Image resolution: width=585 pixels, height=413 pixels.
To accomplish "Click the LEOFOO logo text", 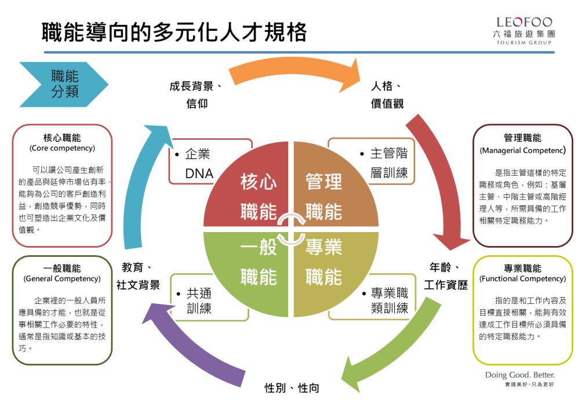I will (x=524, y=22).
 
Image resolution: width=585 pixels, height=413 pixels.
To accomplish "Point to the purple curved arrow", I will (x=191, y=354).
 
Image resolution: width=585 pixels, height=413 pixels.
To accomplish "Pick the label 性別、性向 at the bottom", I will (x=292, y=387).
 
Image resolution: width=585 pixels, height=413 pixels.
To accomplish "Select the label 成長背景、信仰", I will (x=197, y=95).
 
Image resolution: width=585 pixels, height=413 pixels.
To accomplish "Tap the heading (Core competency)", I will (x=62, y=148).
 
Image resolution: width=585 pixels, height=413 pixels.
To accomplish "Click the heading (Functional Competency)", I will (x=522, y=279).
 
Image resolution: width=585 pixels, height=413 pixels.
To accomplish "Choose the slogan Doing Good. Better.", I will (x=519, y=375).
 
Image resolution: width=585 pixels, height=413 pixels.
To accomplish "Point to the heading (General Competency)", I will (x=62, y=279).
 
